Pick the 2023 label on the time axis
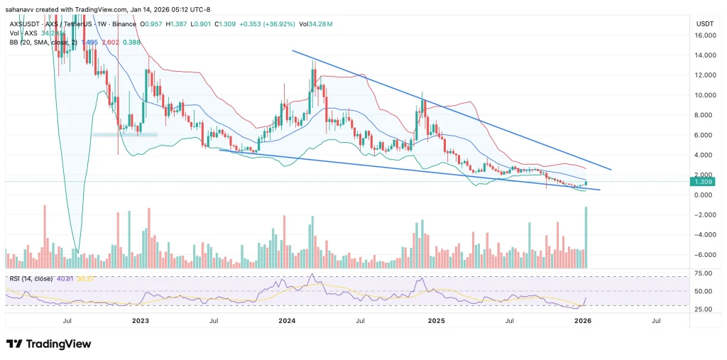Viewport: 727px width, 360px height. (x=141, y=321)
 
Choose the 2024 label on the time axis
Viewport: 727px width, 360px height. (x=287, y=321)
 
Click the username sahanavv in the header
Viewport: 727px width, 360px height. (x=21, y=9)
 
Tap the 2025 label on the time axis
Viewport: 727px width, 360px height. (x=437, y=321)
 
